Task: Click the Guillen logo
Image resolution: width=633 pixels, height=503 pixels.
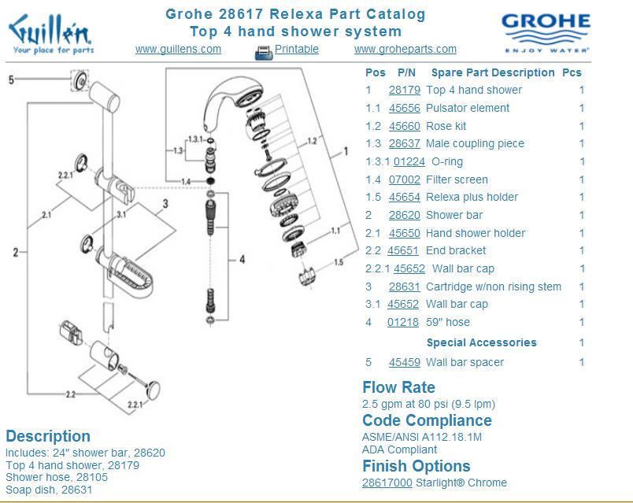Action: click(x=50, y=35)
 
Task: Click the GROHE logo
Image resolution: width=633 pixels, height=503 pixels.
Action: click(x=546, y=32)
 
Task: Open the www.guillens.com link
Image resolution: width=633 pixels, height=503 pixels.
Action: click(x=178, y=49)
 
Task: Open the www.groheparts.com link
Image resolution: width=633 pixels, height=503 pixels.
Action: click(x=405, y=49)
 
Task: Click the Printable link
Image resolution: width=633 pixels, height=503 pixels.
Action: click(x=296, y=49)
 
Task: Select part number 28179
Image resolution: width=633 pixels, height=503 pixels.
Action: click(x=404, y=90)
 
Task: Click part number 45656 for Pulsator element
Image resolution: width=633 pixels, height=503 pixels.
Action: click(x=404, y=108)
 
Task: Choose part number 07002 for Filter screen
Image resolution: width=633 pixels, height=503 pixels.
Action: click(x=404, y=179)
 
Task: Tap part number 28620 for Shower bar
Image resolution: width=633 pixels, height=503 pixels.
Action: click(x=404, y=215)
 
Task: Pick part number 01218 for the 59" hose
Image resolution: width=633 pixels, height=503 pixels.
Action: click(x=403, y=322)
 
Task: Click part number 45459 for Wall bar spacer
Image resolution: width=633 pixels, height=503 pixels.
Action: click(x=404, y=362)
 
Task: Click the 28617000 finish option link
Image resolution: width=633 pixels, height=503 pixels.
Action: click(x=387, y=483)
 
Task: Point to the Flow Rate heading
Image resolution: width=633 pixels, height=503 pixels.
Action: click(x=398, y=387)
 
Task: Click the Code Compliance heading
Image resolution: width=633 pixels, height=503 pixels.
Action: click(x=427, y=420)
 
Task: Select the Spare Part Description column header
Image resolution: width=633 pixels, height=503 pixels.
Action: click(x=493, y=72)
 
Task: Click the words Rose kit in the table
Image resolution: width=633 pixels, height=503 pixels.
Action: click(x=446, y=126)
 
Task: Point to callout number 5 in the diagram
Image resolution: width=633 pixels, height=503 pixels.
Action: click(x=11, y=80)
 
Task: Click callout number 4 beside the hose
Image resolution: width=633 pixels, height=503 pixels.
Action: click(x=242, y=259)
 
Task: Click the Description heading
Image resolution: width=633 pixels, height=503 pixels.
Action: click(x=48, y=436)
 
